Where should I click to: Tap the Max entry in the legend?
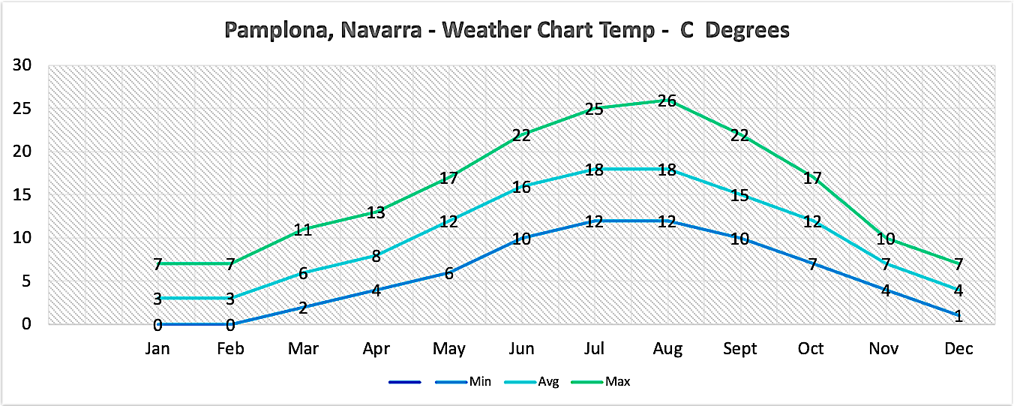[x=619, y=382]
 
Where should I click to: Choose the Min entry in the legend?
[x=480, y=382]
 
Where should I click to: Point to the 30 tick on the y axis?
[x=22, y=65]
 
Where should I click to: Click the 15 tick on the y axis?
[x=22, y=194]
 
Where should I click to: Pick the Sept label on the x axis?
[x=739, y=349]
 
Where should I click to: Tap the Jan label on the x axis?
[x=157, y=349]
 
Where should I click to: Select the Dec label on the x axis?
[x=958, y=349]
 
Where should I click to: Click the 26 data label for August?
[x=667, y=101]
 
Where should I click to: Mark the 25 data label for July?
[x=594, y=109]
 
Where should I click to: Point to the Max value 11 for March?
[x=302, y=230]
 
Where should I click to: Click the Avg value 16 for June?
[x=521, y=187]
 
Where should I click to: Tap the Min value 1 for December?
[x=958, y=316]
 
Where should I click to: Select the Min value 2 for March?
[x=302, y=308]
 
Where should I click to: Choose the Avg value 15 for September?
[x=739, y=195]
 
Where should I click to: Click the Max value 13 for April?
[x=375, y=212]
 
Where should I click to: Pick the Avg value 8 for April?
[x=375, y=256]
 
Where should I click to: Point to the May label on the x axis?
[x=448, y=349]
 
